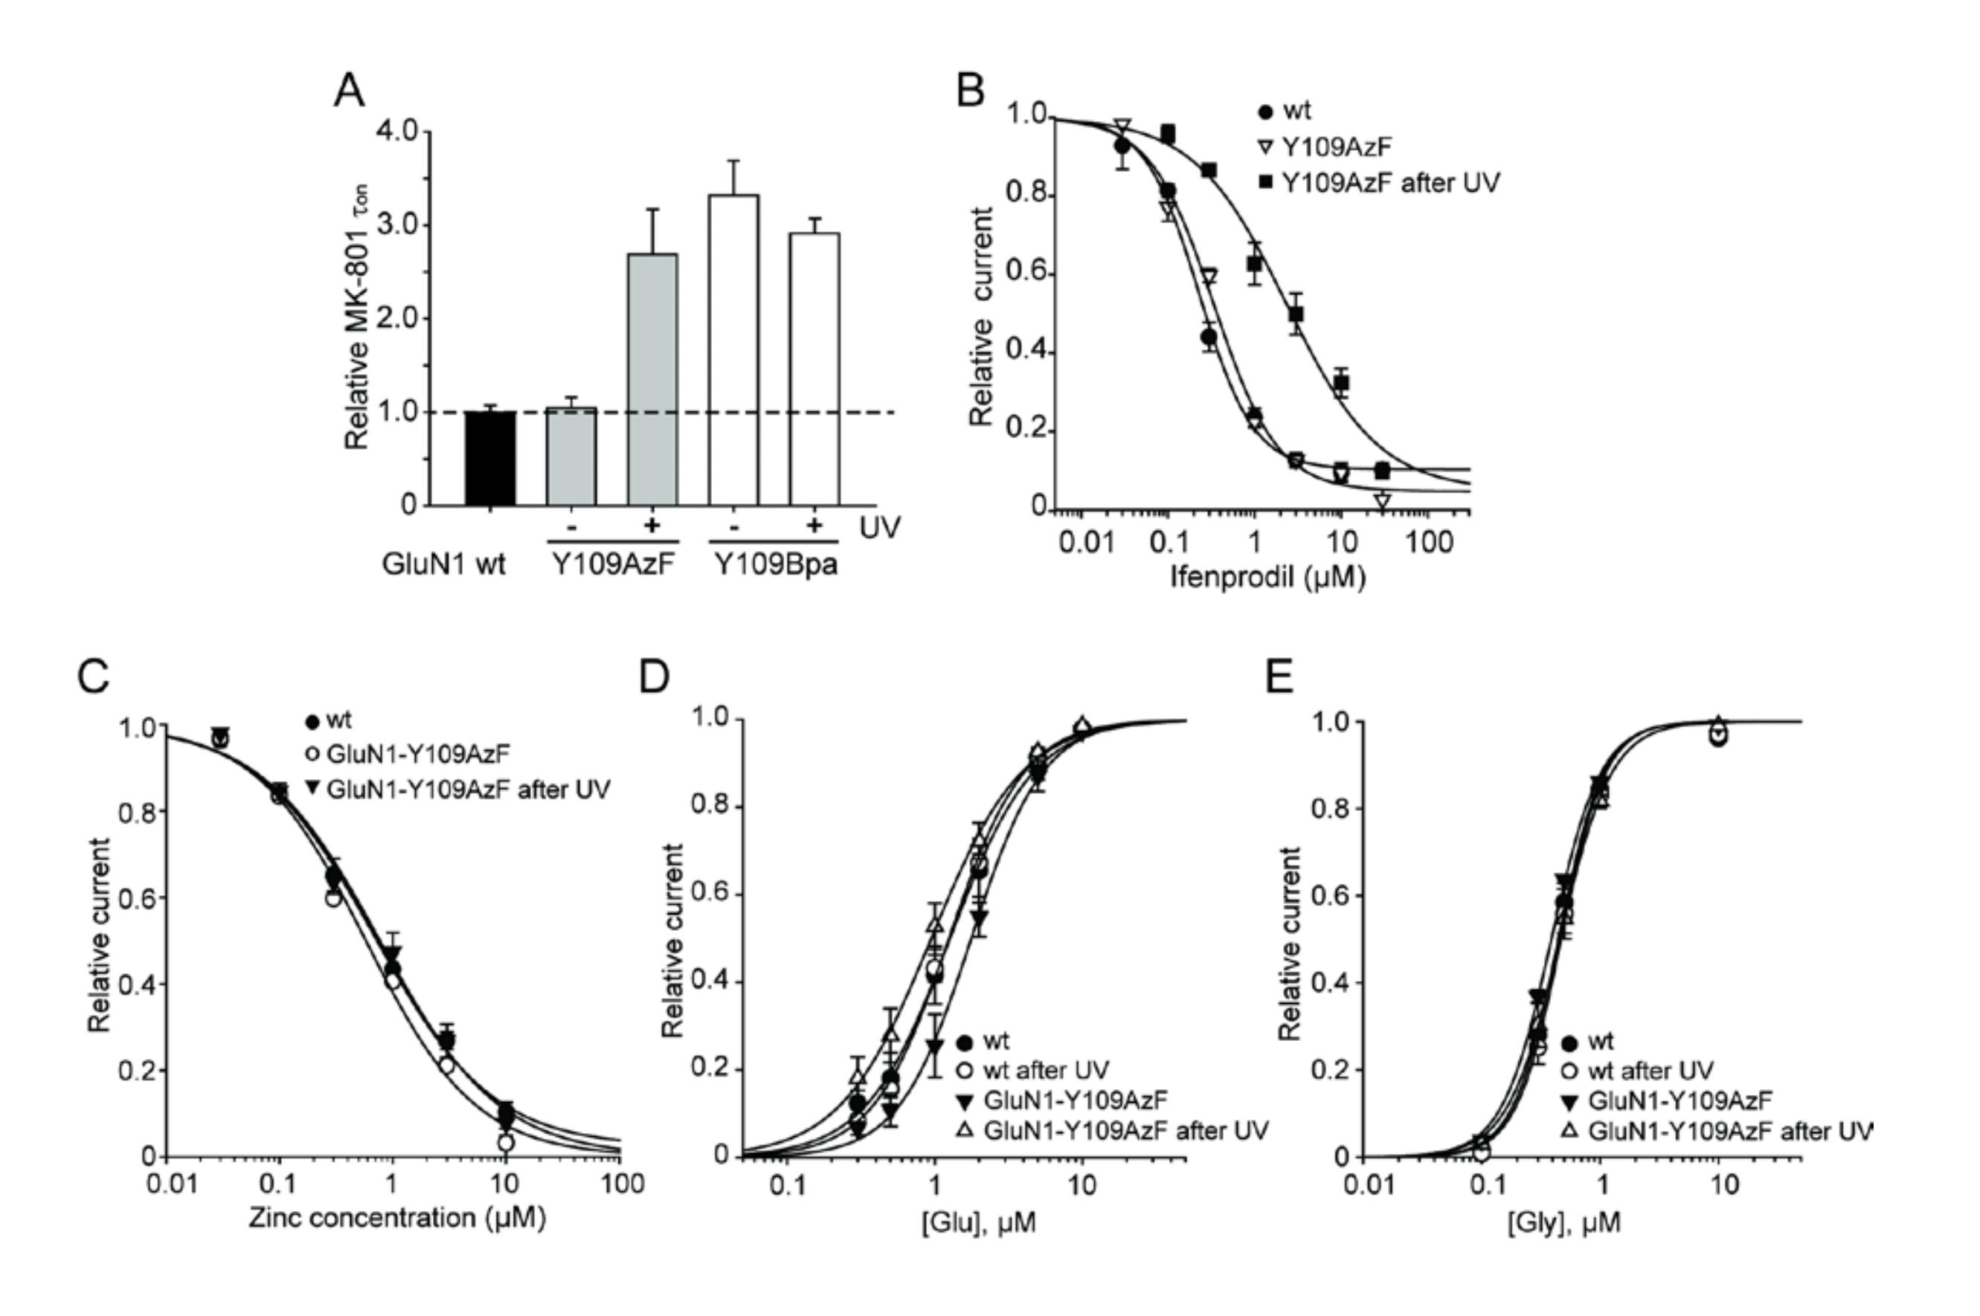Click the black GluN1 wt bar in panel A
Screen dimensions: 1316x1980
(490, 458)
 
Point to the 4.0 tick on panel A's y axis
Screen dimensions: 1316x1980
(397, 131)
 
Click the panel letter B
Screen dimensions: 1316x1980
(971, 91)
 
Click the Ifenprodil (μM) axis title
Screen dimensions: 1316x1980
(1267, 578)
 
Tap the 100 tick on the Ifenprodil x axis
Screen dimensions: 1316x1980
(1428, 542)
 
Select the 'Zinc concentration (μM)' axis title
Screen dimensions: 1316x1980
(396, 1218)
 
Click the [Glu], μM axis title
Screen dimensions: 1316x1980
(978, 1223)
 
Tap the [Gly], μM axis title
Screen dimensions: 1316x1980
(1563, 1223)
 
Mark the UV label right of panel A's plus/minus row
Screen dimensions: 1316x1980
(880, 527)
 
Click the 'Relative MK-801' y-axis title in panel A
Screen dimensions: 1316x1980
(357, 319)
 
